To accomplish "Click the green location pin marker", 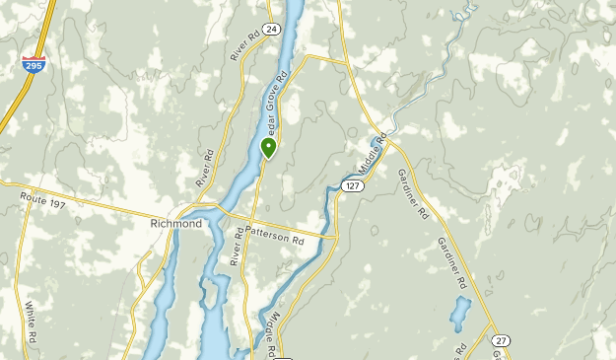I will pos(268,148).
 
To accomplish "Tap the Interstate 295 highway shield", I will pos(34,63).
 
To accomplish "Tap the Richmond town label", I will pos(176,224).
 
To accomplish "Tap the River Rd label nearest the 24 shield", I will pos(243,46).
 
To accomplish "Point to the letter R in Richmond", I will pos(155,224).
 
